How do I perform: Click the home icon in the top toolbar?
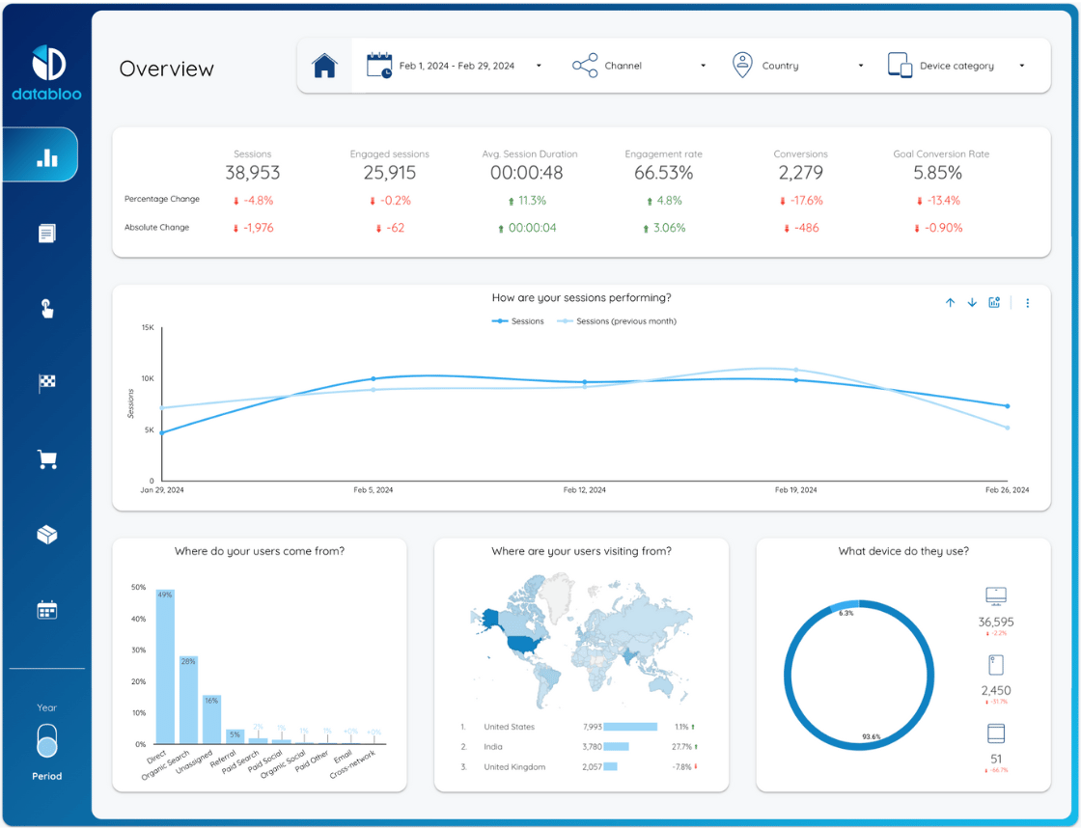click(x=324, y=67)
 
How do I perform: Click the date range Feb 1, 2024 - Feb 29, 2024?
click(x=456, y=66)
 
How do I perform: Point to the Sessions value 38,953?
click(x=253, y=173)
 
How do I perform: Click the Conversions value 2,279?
click(x=800, y=173)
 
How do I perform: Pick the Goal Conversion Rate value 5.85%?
click(x=937, y=173)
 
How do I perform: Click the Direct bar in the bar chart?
click(x=165, y=666)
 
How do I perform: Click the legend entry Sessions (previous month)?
click(x=625, y=321)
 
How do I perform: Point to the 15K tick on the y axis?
click(x=148, y=328)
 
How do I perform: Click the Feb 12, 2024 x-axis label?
click(x=585, y=490)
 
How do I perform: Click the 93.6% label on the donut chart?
click(x=871, y=736)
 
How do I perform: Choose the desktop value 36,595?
click(x=995, y=622)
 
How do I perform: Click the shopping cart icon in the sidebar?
click(x=47, y=459)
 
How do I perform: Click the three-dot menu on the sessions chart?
click(x=1027, y=303)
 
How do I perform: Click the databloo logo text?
click(x=46, y=94)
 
